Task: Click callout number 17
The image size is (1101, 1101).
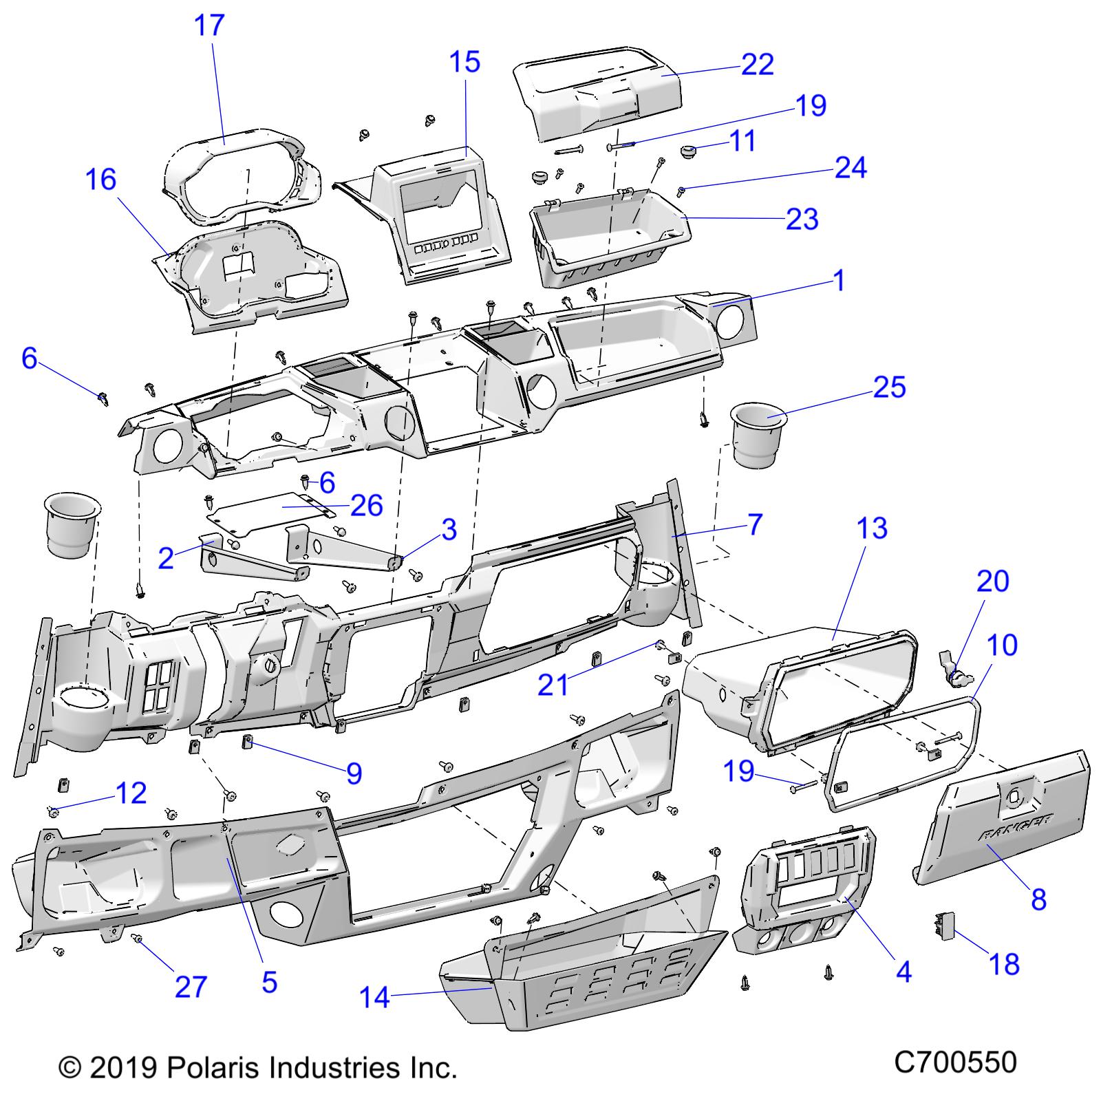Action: coord(209,25)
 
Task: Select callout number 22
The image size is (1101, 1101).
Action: coord(758,64)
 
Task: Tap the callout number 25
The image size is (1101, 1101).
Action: coord(889,387)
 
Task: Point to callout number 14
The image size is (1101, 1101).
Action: coord(375,996)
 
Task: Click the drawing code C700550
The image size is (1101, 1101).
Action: coord(955,1062)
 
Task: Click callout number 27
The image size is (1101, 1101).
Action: coord(191,987)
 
